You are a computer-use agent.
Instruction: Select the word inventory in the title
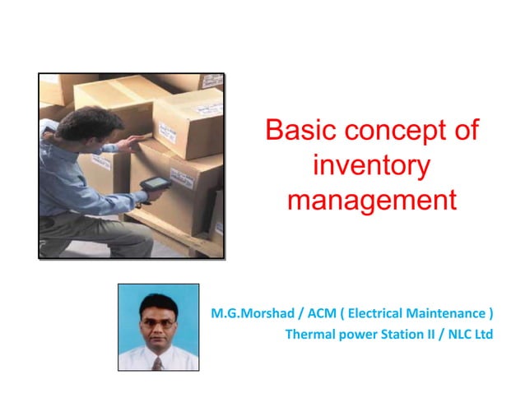tap(371, 165)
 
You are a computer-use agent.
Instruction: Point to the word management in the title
tap(371, 200)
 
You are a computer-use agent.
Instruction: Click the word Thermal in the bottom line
tap(309, 335)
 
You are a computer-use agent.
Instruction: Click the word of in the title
tap(466, 132)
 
